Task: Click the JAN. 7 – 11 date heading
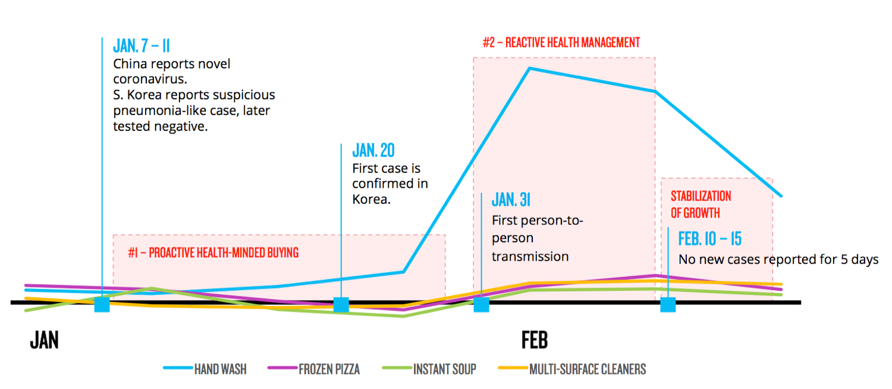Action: (142, 46)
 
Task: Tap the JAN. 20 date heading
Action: (373, 150)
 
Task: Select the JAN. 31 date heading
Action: (511, 200)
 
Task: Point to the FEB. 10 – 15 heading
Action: (710, 239)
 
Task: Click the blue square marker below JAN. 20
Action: (341, 304)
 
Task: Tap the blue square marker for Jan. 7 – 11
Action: (102, 304)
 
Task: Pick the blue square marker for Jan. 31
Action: (481, 304)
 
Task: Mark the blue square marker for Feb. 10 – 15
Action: (668, 304)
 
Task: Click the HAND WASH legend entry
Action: (205, 369)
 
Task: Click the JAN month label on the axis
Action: (44, 340)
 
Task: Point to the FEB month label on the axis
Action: (534, 340)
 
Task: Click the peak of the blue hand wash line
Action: (529, 69)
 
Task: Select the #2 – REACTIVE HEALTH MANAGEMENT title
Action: (561, 43)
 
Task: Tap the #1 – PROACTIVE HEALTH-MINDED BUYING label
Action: (213, 253)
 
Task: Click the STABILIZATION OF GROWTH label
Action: (701, 204)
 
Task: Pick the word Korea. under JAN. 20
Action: (371, 200)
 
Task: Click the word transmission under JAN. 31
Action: (530, 257)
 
